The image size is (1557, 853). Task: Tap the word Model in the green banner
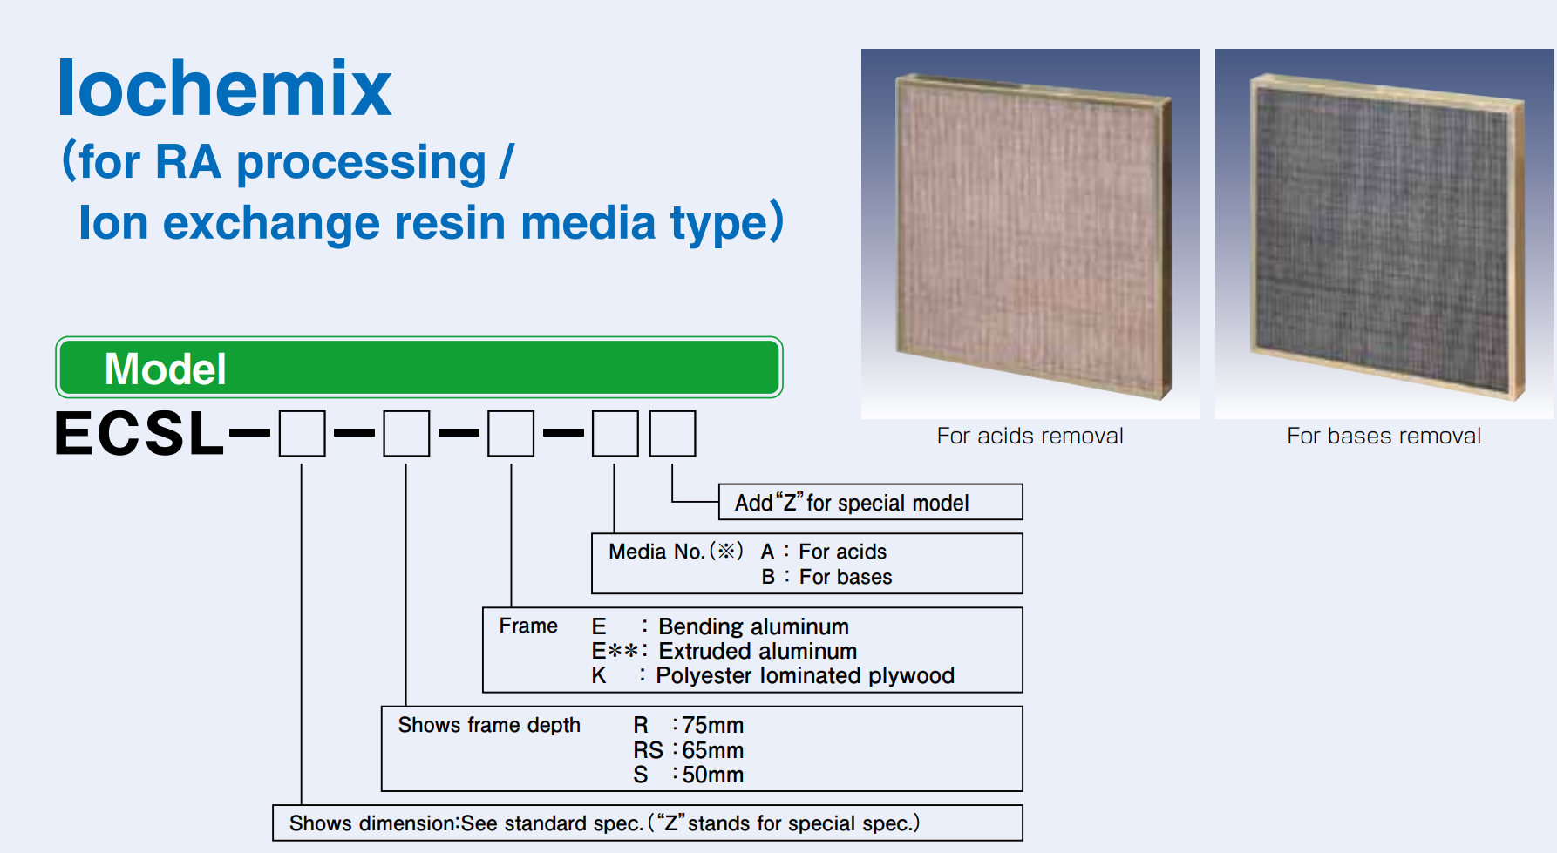click(166, 369)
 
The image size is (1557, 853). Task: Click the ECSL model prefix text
click(139, 433)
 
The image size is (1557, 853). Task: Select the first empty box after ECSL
click(302, 434)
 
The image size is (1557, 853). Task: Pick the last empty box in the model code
click(673, 434)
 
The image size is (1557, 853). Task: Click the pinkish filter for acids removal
click(1034, 235)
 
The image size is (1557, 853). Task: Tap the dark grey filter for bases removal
click(1387, 235)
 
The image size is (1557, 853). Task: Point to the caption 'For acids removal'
click(1030, 436)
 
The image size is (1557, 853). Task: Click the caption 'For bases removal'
click(1384, 436)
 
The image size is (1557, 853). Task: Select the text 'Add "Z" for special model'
click(852, 503)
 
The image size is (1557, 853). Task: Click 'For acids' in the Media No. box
click(842, 552)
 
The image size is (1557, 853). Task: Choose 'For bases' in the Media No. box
click(846, 577)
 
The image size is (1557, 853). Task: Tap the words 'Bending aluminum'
click(753, 626)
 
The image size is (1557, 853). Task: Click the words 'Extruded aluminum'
click(758, 651)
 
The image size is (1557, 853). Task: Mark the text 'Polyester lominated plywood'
click(805, 675)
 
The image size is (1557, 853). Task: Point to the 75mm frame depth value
click(712, 725)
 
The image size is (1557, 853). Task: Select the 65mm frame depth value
click(712, 750)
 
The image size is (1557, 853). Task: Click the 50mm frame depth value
click(712, 775)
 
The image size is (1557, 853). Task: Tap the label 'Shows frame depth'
click(489, 725)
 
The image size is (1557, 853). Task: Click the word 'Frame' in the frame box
click(528, 626)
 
